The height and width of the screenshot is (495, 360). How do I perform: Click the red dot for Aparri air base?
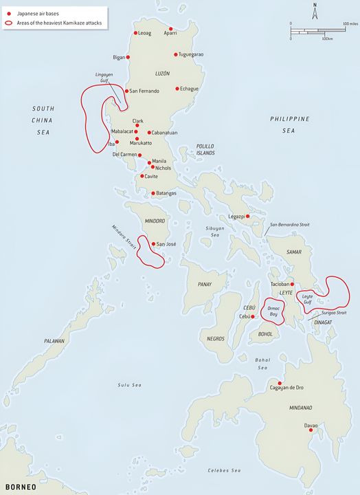click(x=170, y=29)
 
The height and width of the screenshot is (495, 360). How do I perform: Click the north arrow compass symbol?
click(x=314, y=12)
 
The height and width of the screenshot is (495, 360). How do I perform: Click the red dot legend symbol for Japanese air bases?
click(x=8, y=13)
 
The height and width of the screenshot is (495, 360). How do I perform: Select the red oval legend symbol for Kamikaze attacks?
click(x=8, y=23)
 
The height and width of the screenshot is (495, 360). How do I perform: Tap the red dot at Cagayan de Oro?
click(x=280, y=383)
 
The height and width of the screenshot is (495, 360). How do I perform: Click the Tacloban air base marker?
click(x=293, y=284)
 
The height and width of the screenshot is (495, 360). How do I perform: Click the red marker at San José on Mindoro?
click(x=153, y=243)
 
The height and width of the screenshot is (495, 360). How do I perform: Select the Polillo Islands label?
click(x=205, y=150)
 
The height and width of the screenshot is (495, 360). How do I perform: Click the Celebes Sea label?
click(x=225, y=470)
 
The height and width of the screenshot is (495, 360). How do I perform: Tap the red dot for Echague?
click(x=177, y=88)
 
